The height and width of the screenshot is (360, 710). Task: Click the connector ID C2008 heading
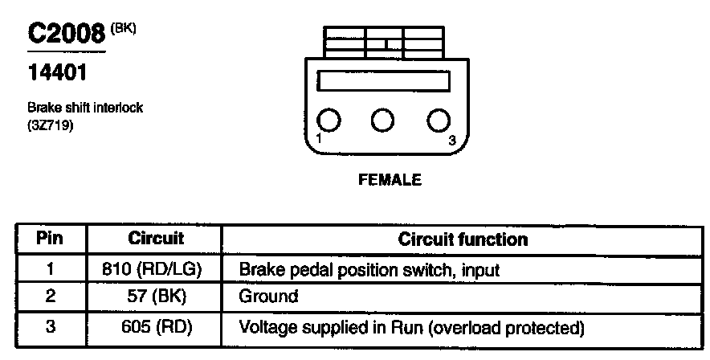click(67, 33)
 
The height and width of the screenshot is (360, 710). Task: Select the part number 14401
click(57, 72)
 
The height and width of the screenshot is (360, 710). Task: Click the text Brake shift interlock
click(84, 108)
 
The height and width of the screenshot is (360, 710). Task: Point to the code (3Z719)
click(50, 125)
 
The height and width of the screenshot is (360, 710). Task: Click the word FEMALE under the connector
click(389, 180)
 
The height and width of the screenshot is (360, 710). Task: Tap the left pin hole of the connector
click(328, 121)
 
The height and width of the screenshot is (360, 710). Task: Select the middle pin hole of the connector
click(383, 121)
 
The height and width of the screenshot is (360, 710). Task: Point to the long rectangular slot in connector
click(383, 82)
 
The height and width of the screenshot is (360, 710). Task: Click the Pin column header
click(50, 239)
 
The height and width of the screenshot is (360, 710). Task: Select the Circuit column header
click(156, 239)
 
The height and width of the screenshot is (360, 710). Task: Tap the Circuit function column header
click(463, 239)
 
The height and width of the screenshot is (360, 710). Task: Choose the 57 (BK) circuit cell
click(156, 297)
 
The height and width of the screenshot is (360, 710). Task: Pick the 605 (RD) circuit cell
click(156, 327)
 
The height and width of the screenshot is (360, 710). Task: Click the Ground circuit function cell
click(268, 297)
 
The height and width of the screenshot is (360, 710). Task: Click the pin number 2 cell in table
click(50, 297)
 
